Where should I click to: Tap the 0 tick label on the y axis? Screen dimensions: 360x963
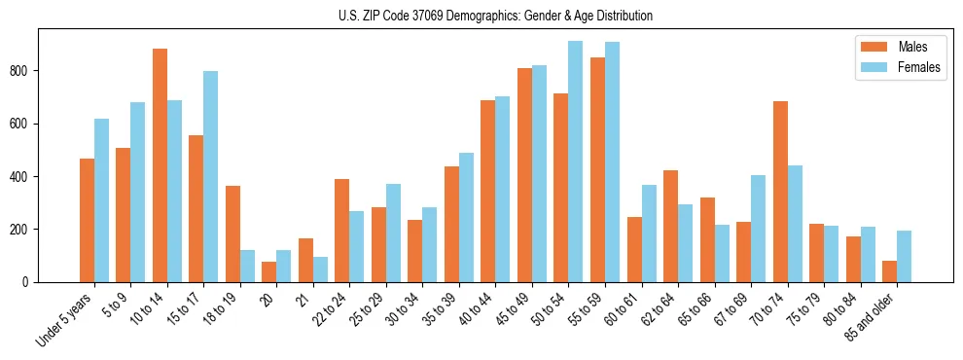click(x=29, y=282)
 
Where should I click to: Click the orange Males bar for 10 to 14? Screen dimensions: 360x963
click(x=160, y=165)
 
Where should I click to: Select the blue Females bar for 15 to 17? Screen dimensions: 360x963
click(x=210, y=176)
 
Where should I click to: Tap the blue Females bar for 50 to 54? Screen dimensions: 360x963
click(x=575, y=162)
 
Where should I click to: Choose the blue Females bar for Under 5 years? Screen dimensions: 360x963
click(x=101, y=200)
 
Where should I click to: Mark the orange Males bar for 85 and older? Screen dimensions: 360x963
click(x=889, y=271)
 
